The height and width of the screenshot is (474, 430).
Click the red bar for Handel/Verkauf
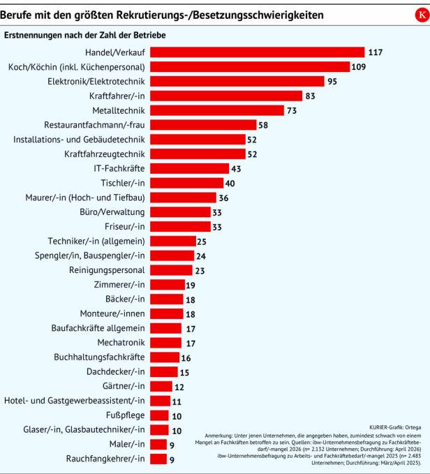tap(258, 52)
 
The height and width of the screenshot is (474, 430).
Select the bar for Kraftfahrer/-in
tap(226, 96)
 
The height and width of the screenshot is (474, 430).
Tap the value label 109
tap(359, 67)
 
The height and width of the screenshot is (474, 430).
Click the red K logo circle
tap(422, 15)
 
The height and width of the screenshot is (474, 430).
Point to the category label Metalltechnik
tap(119, 110)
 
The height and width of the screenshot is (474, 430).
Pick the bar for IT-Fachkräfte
tap(189, 168)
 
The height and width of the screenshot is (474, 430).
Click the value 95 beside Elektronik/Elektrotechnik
tap(332, 81)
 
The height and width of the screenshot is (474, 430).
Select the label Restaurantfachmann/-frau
tap(94, 125)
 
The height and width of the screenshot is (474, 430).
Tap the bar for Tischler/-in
tap(187, 183)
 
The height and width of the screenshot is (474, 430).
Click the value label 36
tap(223, 198)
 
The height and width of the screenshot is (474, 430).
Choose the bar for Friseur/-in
tap(180, 226)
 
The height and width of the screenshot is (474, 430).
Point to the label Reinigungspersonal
tap(107, 270)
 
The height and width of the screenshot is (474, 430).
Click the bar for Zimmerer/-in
tap(168, 284)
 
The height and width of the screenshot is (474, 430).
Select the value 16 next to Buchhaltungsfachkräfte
tap(186, 358)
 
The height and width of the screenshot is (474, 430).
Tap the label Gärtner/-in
tap(124, 386)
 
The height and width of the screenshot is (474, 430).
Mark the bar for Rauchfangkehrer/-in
tap(158, 459)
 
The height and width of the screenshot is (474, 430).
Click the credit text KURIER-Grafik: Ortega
tap(395, 427)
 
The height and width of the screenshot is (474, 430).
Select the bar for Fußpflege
tap(159, 415)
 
